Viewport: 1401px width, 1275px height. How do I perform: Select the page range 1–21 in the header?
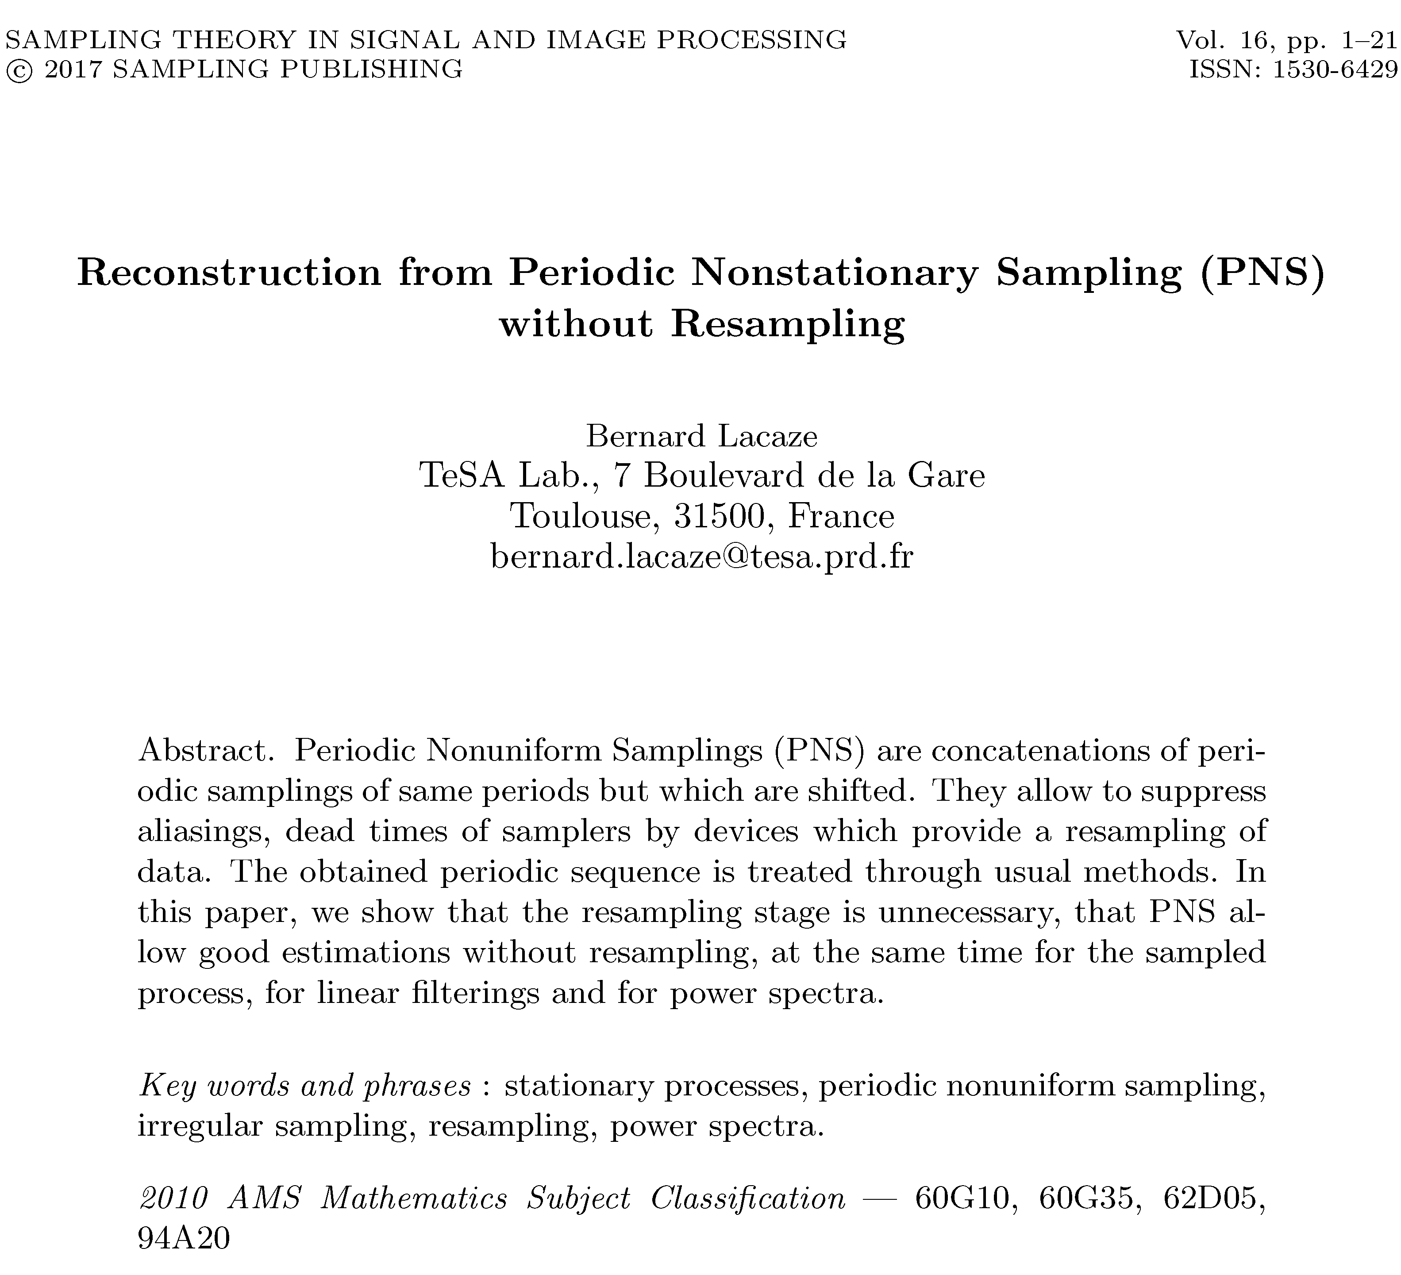pos(1369,40)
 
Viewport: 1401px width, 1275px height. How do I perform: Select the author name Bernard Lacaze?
pos(702,436)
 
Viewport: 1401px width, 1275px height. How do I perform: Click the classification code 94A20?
pos(184,1238)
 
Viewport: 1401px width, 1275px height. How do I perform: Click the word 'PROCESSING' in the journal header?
pos(751,40)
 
